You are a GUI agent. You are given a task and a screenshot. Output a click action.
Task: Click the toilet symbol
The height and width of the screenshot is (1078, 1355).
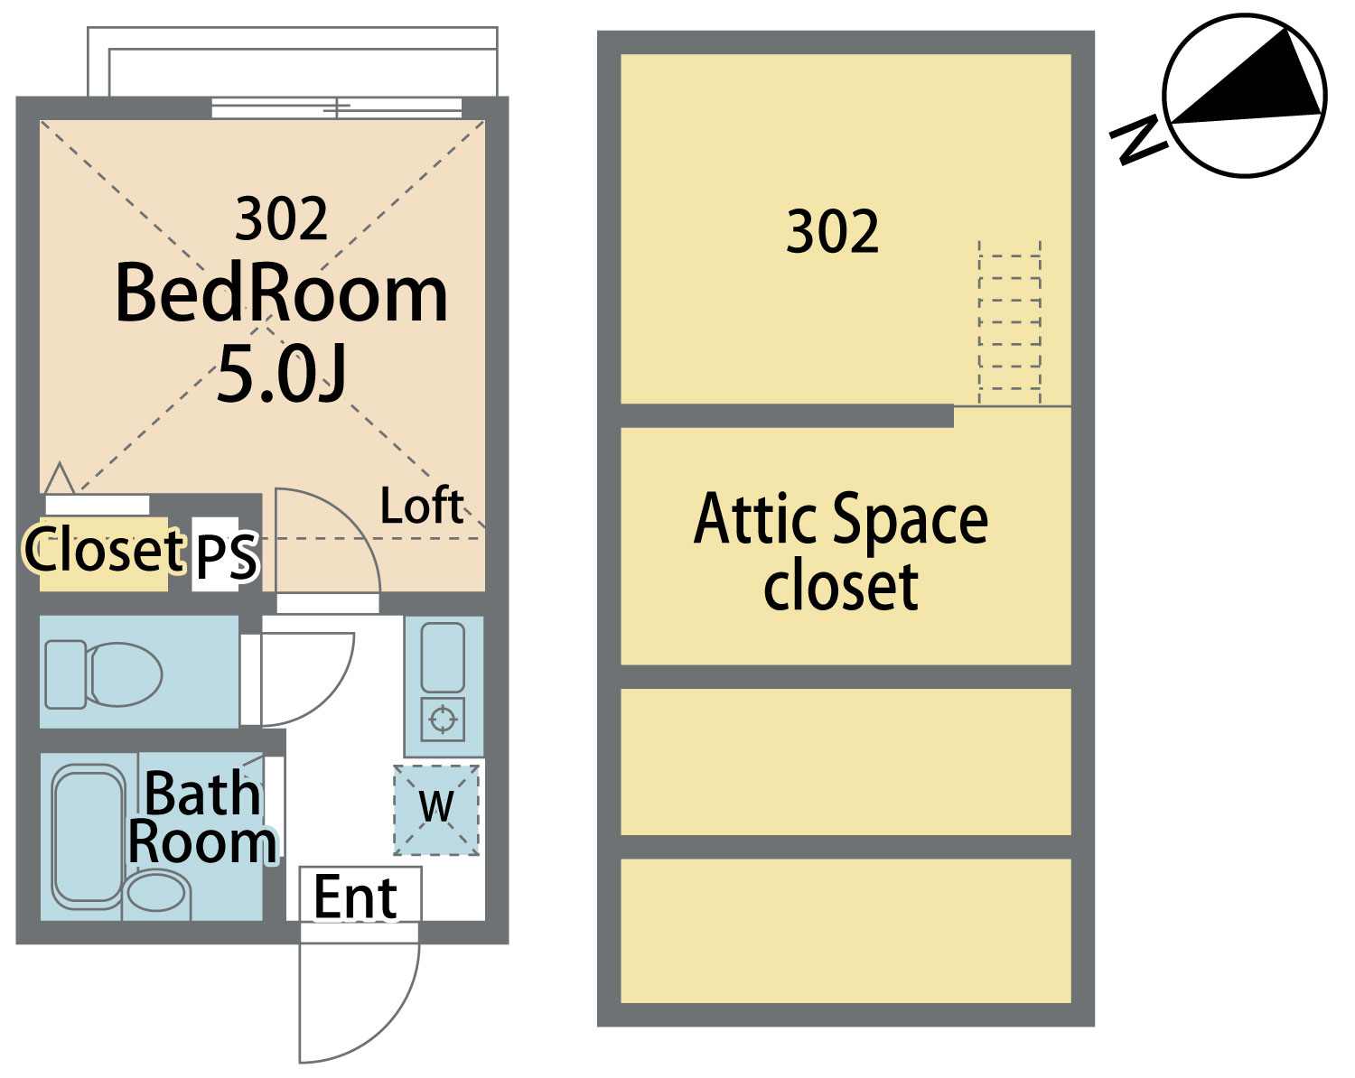click(103, 674)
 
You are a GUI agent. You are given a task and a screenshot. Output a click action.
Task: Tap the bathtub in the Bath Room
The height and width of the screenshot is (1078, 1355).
click(89, 836)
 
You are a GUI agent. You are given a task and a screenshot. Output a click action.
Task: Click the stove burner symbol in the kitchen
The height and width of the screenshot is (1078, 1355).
click(443, 718)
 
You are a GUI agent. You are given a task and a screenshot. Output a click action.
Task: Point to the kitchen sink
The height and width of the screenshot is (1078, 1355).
click(443, 657)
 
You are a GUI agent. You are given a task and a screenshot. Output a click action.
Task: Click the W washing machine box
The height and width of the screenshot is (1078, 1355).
click(435, 810)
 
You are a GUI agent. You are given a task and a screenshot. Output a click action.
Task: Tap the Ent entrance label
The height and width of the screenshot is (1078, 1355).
click(355, 897)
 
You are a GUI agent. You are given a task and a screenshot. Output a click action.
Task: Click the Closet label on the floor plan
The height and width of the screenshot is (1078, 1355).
click(104, 549)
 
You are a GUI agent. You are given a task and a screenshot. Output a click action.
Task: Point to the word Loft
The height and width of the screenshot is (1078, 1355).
click(422, 506)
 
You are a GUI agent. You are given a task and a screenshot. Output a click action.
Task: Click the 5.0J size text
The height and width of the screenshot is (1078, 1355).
click(282, 376)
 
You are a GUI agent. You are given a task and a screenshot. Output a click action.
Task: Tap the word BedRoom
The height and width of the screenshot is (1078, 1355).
click(282, 293)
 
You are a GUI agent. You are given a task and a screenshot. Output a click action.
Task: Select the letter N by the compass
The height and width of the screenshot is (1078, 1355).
click(1138, 140)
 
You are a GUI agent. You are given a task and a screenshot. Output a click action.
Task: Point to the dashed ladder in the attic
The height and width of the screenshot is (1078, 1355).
click(1009, 322)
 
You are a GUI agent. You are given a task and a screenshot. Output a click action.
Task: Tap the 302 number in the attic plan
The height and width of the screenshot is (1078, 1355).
click(832, 232)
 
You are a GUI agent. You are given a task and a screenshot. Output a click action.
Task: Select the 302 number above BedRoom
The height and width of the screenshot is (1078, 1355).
click(282, 218)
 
